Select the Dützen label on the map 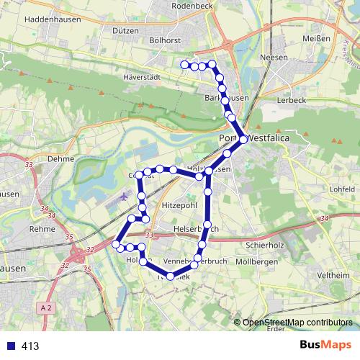point(125,31)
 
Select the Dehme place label point(61,158)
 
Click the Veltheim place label point(333,276)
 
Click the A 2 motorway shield point(47,307)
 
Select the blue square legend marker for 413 point(9,346)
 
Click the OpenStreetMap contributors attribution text point(297,323)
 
